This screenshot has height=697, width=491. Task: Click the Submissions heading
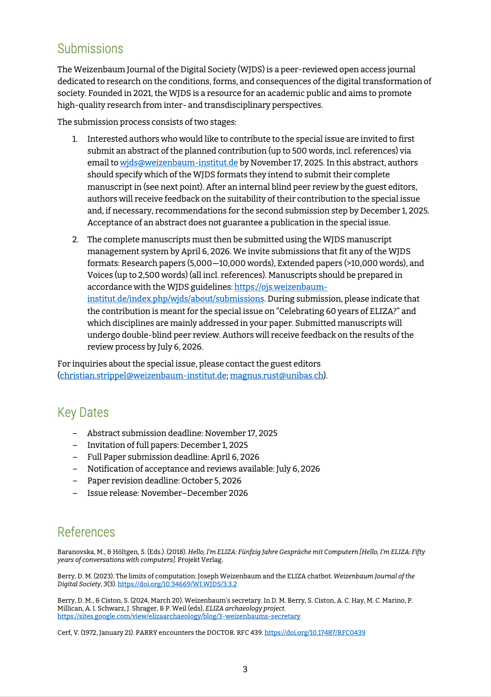pyautogui.click(x=90, y=49)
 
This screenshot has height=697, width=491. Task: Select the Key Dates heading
pyautogui.click(x=83, y=412)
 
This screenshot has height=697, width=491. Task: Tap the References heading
pyautogui.click(x=86, y=532)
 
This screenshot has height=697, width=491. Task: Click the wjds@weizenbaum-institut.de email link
pyautogui.click(x=179, y=162)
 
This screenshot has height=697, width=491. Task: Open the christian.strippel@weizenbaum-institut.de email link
pyautogui.click(x=143, y=375)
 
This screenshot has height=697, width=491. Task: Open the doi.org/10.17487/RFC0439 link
pyautogui.click(x=315, y=633)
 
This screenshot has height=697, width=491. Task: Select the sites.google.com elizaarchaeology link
pyautogui.click(x=179, y=616)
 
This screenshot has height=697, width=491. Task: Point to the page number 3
pyautogui.click(x=245, y=669)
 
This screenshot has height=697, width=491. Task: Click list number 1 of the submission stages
pyautogui.click(x=74, y=139)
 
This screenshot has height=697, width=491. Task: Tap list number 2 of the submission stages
pyautogui.click(x=74, y=239)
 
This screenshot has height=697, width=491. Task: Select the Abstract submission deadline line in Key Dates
pyautogui.click(x=182, y=433)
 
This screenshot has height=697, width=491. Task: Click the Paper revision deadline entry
pyautogui.click(x=164, y=481)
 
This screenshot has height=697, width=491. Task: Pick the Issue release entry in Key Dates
pyautogui.click(x=167, y=493)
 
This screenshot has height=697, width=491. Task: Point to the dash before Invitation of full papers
pyautogui.click(x=75, y=445)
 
